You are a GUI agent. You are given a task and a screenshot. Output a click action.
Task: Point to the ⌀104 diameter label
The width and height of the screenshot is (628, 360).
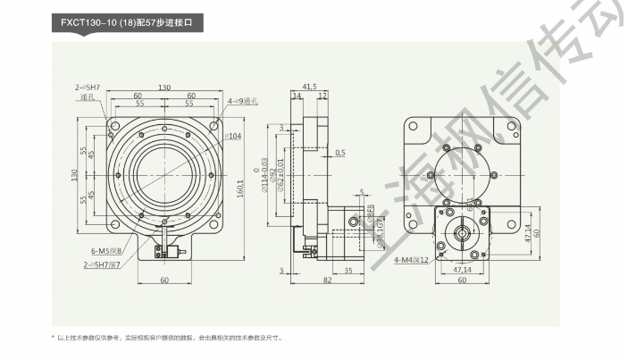pyautogui.click(x=230, y=136)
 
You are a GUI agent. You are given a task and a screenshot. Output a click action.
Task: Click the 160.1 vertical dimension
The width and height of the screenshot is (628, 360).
pyautogui.click(x=240, y=189)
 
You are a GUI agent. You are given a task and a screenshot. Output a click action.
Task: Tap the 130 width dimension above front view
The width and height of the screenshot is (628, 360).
pyautogui.click(x=164, y=88)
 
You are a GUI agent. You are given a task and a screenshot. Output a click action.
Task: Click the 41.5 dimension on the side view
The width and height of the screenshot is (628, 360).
pyautogui.click(x=309, y=87)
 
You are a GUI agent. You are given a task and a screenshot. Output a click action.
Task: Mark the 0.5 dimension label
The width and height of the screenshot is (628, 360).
pyautogui.click(x=339, y=153)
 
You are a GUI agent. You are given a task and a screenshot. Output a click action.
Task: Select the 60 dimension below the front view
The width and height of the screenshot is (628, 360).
pyautogui.click(x=164, y=280)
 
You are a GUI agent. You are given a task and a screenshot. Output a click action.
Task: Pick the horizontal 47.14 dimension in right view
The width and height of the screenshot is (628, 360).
pyautogui.click(x=463, y=269)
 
